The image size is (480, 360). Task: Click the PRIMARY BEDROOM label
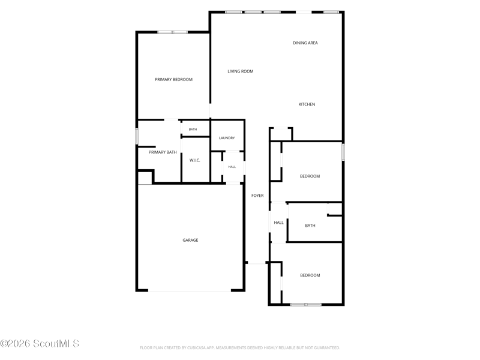tap(173, 80)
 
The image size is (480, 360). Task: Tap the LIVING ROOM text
tap(241, 71)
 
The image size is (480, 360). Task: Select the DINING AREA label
tap(305, 43)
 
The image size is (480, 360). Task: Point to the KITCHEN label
tap(307, 104)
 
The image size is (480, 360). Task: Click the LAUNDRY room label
tap(227, 138)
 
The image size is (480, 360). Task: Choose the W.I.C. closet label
tap(194, 160)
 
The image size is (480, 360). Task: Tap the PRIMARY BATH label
tap(163, 152)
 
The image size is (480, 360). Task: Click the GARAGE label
tap(190, 241)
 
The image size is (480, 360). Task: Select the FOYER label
tap(257, 196)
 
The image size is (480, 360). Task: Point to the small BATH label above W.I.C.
tap(193, 130)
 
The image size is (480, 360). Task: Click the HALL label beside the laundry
tap(232, 167)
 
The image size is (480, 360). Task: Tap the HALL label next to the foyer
tap(278, 223)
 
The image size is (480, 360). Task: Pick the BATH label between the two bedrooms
tap(310, 226)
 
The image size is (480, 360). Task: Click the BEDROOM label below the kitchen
tap(310, 176)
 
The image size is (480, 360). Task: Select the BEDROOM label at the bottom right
tap(310, 275)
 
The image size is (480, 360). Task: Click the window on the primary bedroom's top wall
tap(173, 32)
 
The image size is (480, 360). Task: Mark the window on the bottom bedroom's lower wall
tap(306, 305)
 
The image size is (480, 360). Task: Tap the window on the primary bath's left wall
tap(137, 136)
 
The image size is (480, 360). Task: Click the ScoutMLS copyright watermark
tap(40, 343)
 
